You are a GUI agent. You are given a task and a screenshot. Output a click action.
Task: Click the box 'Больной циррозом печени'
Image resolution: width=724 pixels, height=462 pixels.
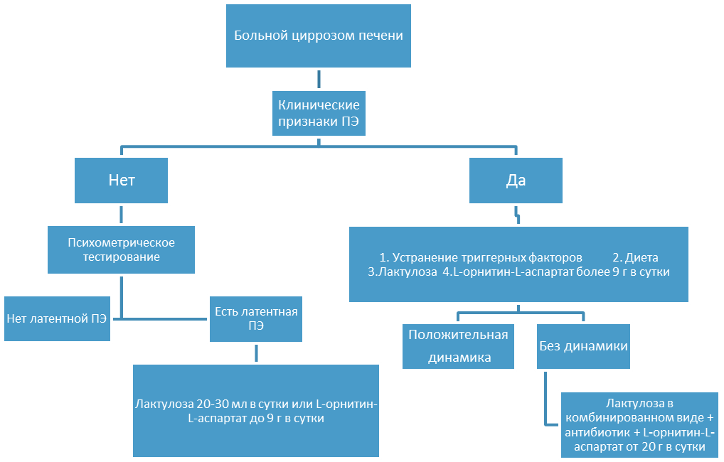(319, 36)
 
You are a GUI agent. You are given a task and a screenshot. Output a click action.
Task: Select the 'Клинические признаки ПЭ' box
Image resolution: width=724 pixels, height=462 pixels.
(319, 113)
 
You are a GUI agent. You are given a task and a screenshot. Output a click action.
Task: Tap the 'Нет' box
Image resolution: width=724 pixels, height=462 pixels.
(121, 181)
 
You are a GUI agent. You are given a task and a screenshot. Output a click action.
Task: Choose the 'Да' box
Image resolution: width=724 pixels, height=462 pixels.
(516, 181)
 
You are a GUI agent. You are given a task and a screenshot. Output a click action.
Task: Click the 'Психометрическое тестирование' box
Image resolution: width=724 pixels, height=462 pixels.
(121, 249)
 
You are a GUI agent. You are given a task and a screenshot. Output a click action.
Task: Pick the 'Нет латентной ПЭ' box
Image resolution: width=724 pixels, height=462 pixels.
(58, 318)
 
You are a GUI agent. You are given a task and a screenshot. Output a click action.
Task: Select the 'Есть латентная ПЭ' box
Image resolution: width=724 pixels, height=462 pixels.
(256, 319)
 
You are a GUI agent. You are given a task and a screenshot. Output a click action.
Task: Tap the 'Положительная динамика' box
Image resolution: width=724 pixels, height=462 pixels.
(458, 346)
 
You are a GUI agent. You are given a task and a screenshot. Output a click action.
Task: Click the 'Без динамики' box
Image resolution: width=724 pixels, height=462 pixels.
(583, 346)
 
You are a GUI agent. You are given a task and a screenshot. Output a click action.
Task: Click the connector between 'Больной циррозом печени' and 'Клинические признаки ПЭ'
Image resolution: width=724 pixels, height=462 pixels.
(319, 79)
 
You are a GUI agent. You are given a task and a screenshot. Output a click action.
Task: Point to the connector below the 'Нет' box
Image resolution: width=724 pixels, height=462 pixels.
(121, 215)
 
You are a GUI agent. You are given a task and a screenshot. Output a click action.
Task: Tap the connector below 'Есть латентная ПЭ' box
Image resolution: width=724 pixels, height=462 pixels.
(256, 353)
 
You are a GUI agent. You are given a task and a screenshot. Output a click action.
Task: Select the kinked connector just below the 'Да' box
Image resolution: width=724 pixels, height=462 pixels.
(517, 215)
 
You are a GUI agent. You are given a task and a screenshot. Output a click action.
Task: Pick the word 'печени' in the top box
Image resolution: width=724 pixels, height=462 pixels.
(383, 36)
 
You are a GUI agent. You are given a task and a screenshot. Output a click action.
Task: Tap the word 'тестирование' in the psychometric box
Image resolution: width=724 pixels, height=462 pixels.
(122, 257)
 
